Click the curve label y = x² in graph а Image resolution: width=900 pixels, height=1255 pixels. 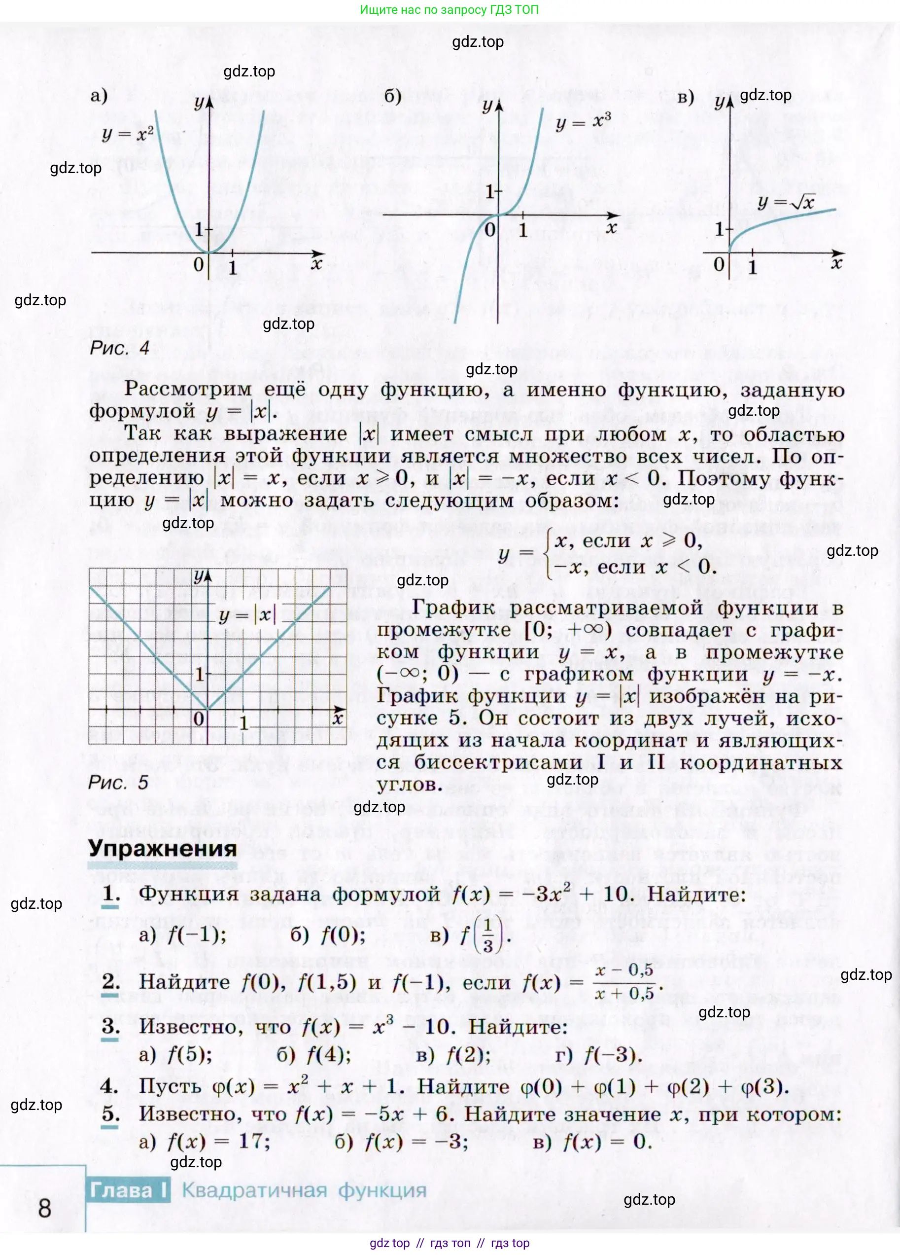coord(128,134)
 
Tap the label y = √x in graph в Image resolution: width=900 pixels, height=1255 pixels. coord(786,202)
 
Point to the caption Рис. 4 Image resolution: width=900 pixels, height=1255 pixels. coord(119,348)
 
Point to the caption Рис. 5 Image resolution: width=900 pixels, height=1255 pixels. coord(118,783)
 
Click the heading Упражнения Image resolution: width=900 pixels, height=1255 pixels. coord(162,848)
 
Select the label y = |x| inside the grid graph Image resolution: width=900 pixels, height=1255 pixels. coord(247,615)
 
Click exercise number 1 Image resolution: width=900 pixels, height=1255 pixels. coord(110,893)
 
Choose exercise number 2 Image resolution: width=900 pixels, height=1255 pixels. coord(110,981)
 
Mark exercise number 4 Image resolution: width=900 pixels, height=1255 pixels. coord(109,1086)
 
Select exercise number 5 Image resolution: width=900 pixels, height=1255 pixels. coord(110,1113)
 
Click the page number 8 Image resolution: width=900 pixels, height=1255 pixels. coord(44,1208)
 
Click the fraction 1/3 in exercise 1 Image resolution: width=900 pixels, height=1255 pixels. coord(487,936)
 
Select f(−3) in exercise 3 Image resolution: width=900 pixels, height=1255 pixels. coord(612,1055)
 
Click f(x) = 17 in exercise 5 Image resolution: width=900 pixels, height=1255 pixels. coord(218,1141)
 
